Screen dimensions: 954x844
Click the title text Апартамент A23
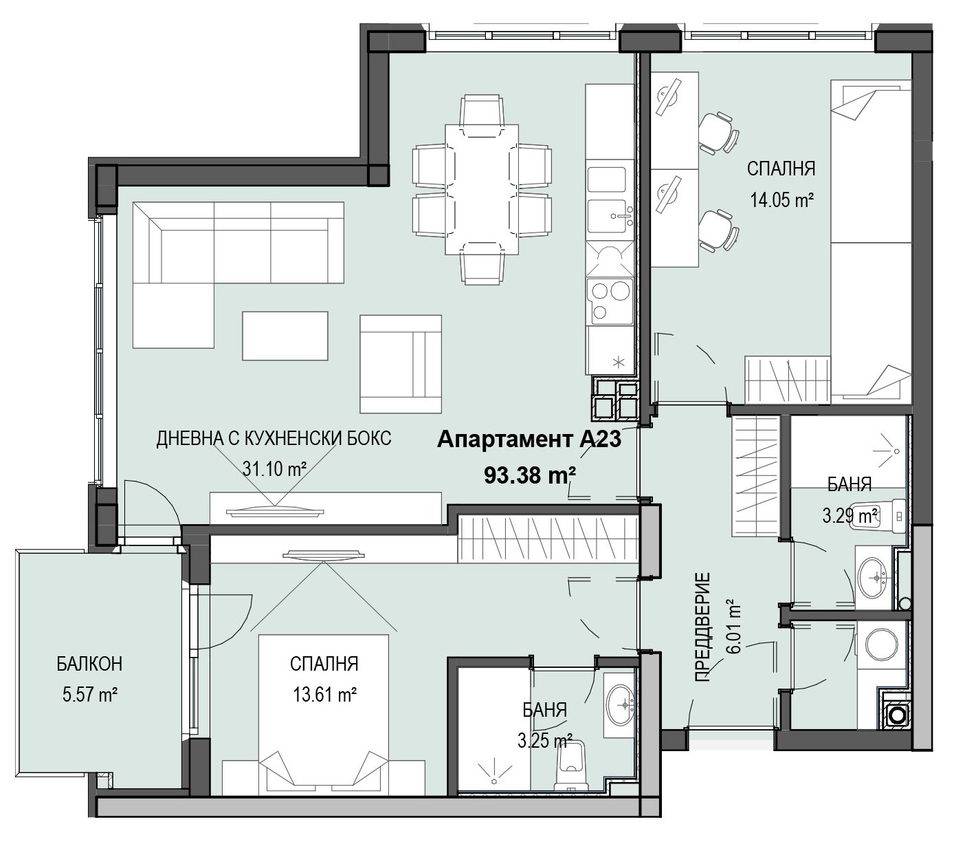pos(529,440)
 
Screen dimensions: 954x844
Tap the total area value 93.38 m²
pos(530,475)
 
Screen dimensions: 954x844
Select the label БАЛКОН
pos(89,664)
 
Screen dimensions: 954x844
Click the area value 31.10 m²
pos(274,469)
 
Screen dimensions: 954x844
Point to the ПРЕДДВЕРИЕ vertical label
pos(702,627)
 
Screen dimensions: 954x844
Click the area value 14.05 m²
pos(781,200)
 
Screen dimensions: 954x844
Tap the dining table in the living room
pos(482,189)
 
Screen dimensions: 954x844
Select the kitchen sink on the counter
pos(610,216)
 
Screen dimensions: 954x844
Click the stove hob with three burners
pos(610,301)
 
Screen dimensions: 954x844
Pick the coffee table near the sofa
pos(285,336)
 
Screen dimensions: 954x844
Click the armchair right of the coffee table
pos(401,364)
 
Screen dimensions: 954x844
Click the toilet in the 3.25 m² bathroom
pos(571,768)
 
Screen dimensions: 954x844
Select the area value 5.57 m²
pos(89,695)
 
